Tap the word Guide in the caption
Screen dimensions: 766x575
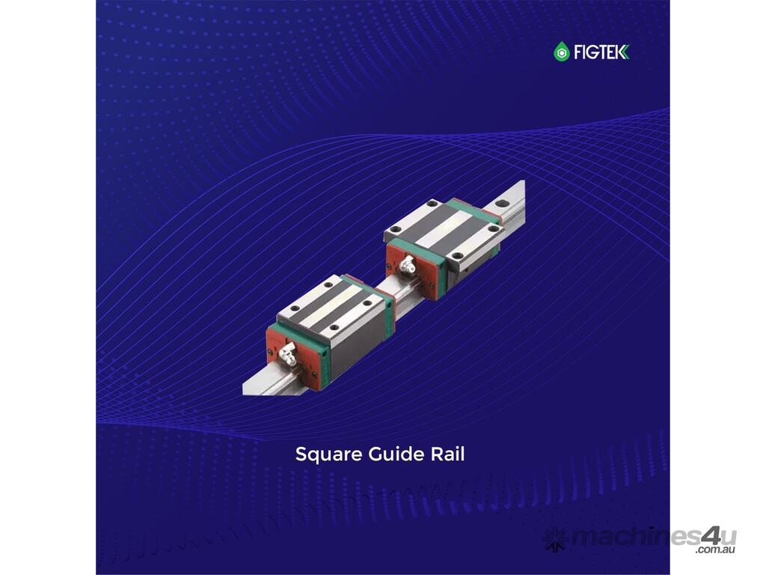396,454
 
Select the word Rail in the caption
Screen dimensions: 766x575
447,454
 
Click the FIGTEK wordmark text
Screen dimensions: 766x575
601,52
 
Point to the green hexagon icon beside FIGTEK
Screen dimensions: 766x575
562,52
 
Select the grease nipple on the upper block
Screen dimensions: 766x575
407,264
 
